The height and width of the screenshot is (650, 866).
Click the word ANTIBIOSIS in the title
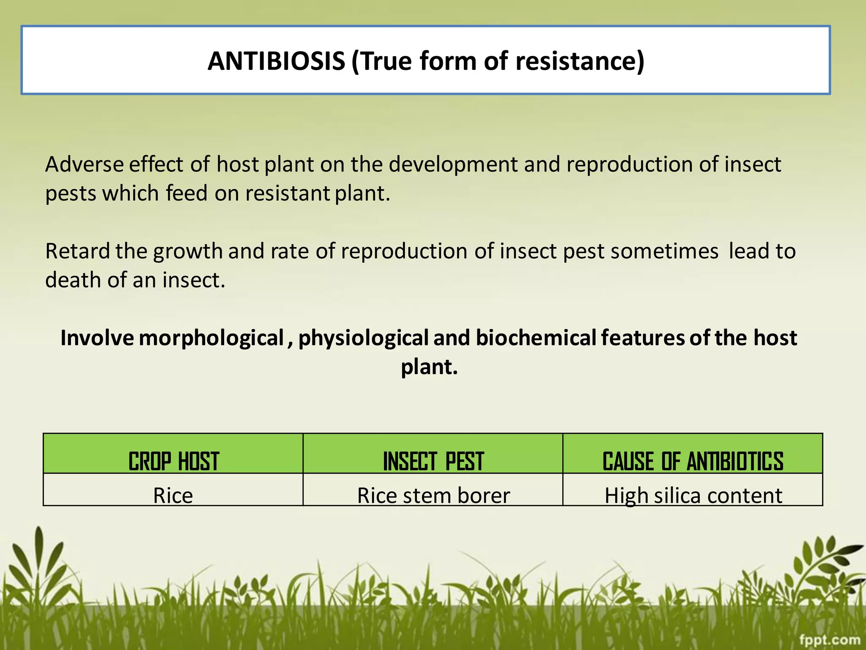pyautogui.click(x=276, y=61)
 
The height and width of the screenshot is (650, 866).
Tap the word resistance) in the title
pyautogui.click(x=580, y=61)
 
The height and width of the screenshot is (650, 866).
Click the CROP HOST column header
pyautogui.click(x=173, y=461)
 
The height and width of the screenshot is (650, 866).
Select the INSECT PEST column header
pyautogui.click(x=433, y=461)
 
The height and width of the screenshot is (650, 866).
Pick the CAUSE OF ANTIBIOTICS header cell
pyautogui.click(x=693, y=461)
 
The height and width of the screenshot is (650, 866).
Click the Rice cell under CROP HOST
pyautogui.click(x=173, y=495)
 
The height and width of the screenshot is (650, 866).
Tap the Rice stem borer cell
pyautogui.click(x=433, y=495)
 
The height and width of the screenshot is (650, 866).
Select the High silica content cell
pyautogui.click(x=693, y=495)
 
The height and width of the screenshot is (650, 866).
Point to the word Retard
pyautogui.click(x=77, y=251)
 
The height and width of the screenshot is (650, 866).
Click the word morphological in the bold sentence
pyautogui.click(x=211, y=338)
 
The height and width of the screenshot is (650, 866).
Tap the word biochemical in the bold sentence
pyautogui.click(x=536, y=338)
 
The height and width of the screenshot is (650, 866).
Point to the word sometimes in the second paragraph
pyautogui.click(x=664, y=251)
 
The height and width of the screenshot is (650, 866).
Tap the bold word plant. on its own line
pyautogui.click(x=429, y=367)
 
